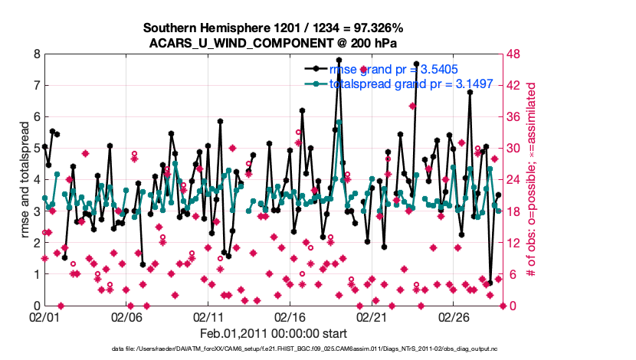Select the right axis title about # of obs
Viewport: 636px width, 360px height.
533,180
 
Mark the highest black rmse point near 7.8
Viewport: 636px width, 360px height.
339,61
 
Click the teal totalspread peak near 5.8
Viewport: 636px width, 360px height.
339,122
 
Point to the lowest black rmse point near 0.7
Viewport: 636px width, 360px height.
490,283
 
